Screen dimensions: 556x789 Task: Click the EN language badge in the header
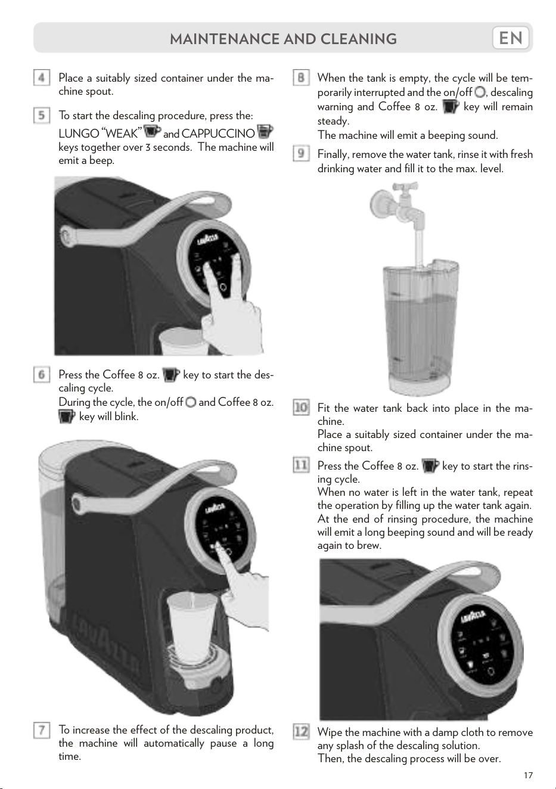[x=511, y=38]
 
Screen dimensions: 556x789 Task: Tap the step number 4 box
[x=42, y=77]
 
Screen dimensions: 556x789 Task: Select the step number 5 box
[x=42, y=115]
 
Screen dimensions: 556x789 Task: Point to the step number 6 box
[x=42, y=374]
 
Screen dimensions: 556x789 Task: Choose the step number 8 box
[x=301, y=77]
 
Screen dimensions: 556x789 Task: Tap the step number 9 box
[x=301, y=153]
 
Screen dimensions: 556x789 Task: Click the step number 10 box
[x=301, y=408]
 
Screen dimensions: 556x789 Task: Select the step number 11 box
[x=301, y=465]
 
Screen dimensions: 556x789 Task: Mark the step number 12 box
[x=301, y=732]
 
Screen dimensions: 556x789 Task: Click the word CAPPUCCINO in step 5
[x=218, y=133]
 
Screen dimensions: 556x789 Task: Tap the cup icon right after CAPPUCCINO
[x=265, y=132]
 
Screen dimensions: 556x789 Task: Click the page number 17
[x=528, y=775]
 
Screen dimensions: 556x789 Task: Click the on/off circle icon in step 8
[x=479, y=92]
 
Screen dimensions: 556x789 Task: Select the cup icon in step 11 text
[x=430, y=465]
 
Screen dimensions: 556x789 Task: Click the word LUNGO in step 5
[x=79, y=133]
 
